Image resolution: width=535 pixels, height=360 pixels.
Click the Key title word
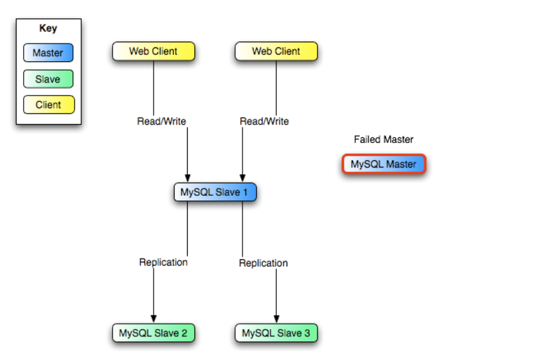[x=48, y=28]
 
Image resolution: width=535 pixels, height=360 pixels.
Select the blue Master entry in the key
[x=48, y=53]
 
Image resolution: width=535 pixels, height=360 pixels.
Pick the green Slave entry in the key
[x=48, y=79]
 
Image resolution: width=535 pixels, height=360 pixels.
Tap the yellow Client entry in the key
[x=48, y=104]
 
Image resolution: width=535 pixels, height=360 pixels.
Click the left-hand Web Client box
[x=154, y=51]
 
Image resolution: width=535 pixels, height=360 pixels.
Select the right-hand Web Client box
[x=276, y=51]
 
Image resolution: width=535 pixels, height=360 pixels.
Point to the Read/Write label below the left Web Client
[x=161, y=121]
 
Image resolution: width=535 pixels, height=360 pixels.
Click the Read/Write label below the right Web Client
[x=264, y=121]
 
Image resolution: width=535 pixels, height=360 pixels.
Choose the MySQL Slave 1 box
[x=215, y=193]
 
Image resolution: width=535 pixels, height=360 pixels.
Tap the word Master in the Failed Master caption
[x=399, y=140]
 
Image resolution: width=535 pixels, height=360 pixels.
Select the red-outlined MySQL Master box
[x=384, y=164]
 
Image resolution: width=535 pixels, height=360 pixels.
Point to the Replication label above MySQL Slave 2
[x=163, y=262]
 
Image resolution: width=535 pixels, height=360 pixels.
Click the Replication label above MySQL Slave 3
[x=264, y=263]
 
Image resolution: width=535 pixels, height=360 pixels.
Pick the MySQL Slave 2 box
[x=154, y=333]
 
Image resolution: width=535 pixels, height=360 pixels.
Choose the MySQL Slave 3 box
[x=276, y=333]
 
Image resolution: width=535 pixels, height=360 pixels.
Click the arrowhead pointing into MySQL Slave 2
[x=154, y=319]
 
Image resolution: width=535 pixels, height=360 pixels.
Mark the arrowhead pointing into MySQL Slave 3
[x=276, y=319]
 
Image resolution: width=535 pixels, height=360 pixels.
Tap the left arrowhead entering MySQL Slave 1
[x=188, y=177]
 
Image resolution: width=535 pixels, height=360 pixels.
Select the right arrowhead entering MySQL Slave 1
[x=242, y=177]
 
